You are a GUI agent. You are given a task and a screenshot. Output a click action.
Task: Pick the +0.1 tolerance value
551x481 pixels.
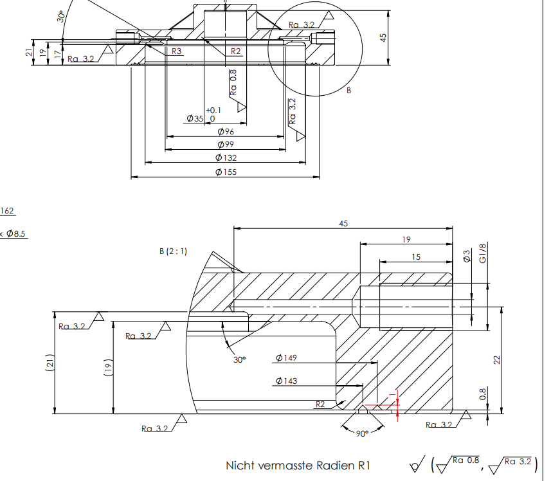[x=213, y=110]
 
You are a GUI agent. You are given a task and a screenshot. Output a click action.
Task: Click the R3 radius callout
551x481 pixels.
[x=177, y=51]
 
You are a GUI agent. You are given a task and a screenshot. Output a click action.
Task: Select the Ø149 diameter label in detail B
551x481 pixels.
[x=286, y=358]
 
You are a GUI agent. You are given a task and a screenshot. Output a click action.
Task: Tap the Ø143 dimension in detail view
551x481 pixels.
[x=286, y=381]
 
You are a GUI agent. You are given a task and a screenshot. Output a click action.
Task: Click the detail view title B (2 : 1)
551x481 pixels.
[x=173, y=251]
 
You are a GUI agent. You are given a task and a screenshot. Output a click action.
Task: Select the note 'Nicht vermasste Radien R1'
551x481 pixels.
[x=298, y=465]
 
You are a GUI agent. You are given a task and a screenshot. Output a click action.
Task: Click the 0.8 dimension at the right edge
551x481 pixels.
[x=483, y=394]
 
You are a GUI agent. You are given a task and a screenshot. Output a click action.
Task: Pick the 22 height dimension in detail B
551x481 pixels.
[x=496, y=360]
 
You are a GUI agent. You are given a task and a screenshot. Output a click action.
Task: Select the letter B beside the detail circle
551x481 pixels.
[x=349, y=91]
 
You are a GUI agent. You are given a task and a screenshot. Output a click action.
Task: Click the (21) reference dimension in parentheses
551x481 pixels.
[x=50, y=363]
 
